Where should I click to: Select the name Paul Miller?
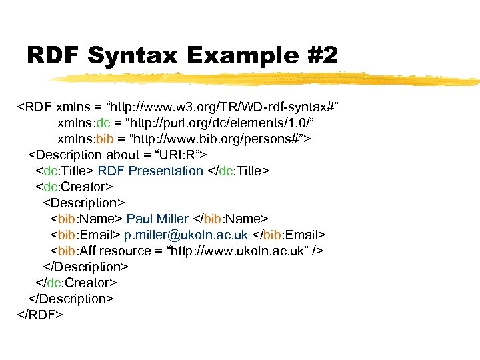click(x=157, y=219)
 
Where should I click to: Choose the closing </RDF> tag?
click(x=40, y=315)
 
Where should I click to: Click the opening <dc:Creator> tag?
click(x=75, y=187)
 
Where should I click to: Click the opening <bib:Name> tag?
click(x=86, y=219)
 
